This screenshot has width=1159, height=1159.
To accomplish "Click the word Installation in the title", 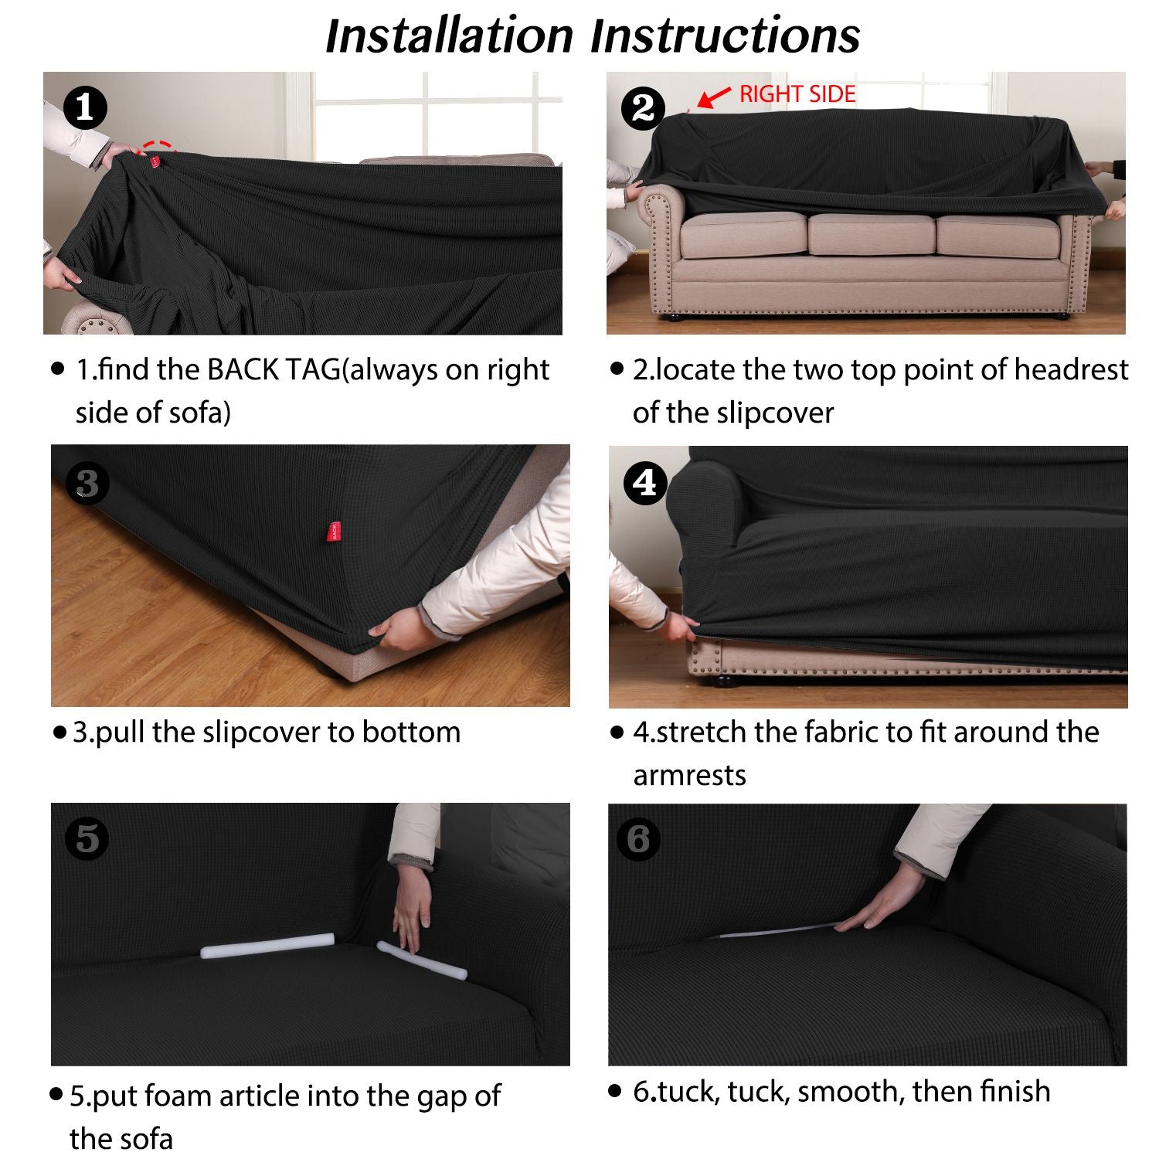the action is [x=450, y=36].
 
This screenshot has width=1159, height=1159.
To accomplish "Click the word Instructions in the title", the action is [x=726, y=36].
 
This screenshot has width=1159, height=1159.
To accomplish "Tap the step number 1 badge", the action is [x=84, y=107].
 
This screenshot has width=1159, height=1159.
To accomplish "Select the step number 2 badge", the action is [x=643, y=107].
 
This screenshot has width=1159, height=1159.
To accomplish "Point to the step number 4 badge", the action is [x=644, y=483].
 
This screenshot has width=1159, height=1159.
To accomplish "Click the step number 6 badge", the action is [x=638, y=839].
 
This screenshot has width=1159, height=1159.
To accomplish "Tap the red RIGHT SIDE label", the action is [x=797, y=94].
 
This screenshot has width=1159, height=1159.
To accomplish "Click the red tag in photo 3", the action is [x=333, y=531].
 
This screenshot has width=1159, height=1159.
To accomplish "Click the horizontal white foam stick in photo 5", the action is [x=267, y=946].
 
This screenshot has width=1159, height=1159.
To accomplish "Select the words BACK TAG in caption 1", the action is [x=274, y=370].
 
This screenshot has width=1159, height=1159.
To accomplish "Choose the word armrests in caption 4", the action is [x=689, y=775].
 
